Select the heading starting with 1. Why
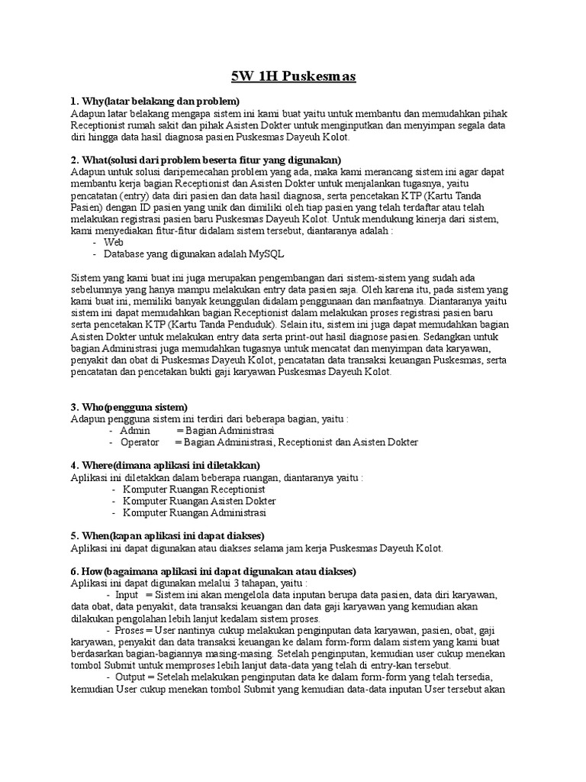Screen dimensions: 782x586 click(x=155, y=102)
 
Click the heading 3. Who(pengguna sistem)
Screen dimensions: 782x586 click(x=129, y=407)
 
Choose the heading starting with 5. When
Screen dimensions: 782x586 click(x=167, y=535)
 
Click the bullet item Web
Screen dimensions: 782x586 click(x=114, y=242)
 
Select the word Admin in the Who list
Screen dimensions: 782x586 click(x=135, y=431)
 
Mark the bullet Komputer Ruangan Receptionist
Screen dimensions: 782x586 click(x=194, y=489)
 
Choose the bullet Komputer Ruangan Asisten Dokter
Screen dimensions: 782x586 click(x=199, y=501)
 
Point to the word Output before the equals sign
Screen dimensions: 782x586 click(x=131, y=677)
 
